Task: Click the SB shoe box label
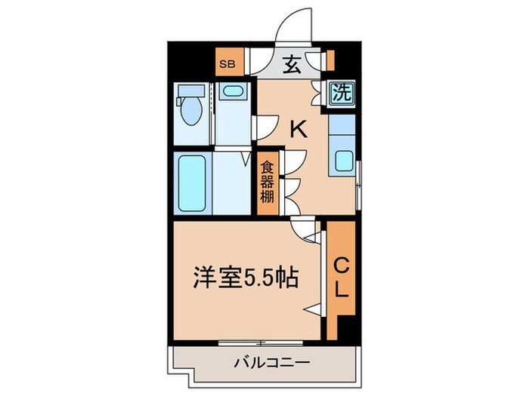[x=226, y=64]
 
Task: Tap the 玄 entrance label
[x=292, y=65]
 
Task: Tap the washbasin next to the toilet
[x=232, y=93]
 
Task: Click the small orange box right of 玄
[x=330, y=59]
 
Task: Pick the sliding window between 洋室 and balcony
[x=261, y=342]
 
